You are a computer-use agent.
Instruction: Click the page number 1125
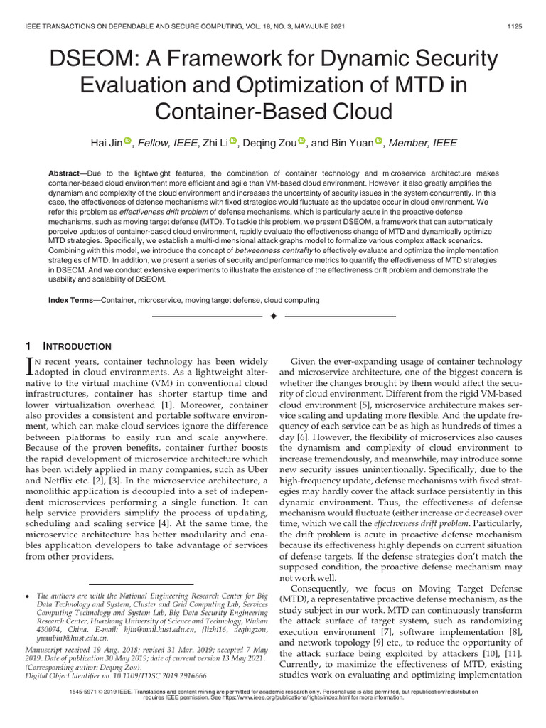(x=514, y=27)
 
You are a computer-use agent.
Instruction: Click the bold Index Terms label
(x=74, y=301)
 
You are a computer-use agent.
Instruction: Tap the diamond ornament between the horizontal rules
(x=273, y=315)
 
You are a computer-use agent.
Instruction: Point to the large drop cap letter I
(x=29, y=366)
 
